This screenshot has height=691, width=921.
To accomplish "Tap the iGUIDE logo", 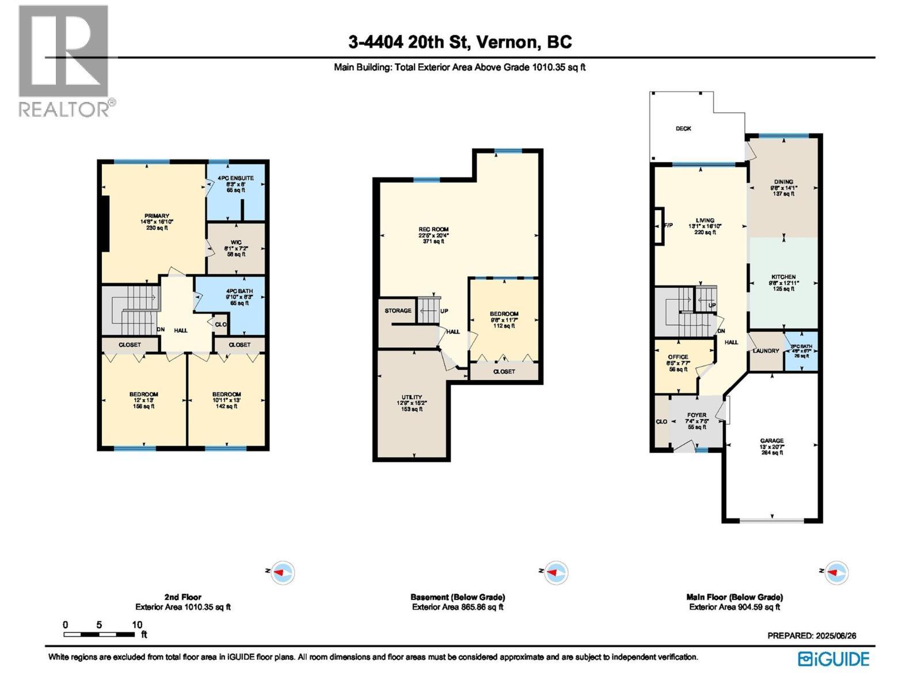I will pyautogui.click(x=834, y=659).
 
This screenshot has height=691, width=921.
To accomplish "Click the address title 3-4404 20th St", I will pyautogui.click(x=460, y=42).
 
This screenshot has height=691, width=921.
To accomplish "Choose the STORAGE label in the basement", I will pyautogui.click(x=398, y=311).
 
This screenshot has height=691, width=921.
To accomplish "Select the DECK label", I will pyautogui.click(x=683, y=128).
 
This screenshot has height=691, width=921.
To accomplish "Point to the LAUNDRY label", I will pyautogui.click(x=766, y=351).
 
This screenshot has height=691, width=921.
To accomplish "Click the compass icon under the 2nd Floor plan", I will pyautogui.click(x=283, y=573).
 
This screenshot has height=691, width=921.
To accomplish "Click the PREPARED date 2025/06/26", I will pyautogui.click(x=812, y=636).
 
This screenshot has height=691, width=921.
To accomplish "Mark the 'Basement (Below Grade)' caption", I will pyautogui.click(x=458, y=597).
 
